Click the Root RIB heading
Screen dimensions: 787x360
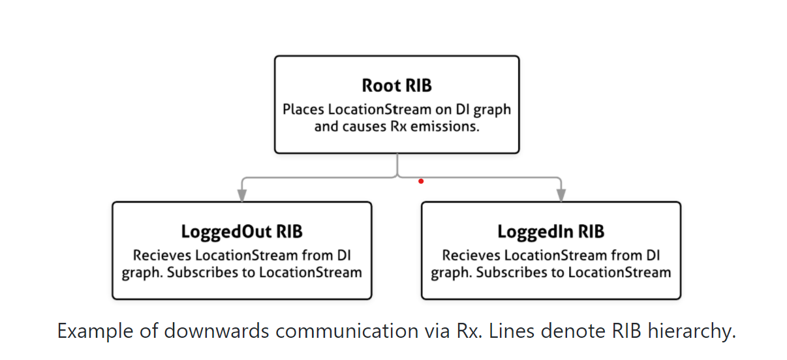pyautogui.click(x=397, y=85)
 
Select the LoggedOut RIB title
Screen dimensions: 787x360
pyautogui.click(x=241, y=232)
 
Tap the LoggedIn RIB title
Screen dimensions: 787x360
pyautogui.click(x=551, y=232)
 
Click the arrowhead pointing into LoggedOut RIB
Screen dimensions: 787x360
pyautogui.click(x=241, y=196)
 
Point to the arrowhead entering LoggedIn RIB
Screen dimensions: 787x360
pyautogui.click(x=561, y=196)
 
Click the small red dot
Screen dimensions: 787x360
pyautogui.click(x=421, y=181)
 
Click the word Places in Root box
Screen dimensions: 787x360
pyautogui.click(x=303, y=110)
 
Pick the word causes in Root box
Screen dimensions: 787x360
pyautogui.click(x=364, y=127)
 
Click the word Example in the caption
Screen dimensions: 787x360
pyautogui.click(x=95, y=331)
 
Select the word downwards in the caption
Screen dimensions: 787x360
pyautogui.click(x=216, y=331)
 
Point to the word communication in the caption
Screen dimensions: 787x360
pyautogui.click(x=347, y=331)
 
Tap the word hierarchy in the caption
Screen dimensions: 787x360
pyautogui.click(x=692, y=331)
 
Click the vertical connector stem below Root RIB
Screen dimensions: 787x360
pyautogui.click(x=397, y=165)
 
